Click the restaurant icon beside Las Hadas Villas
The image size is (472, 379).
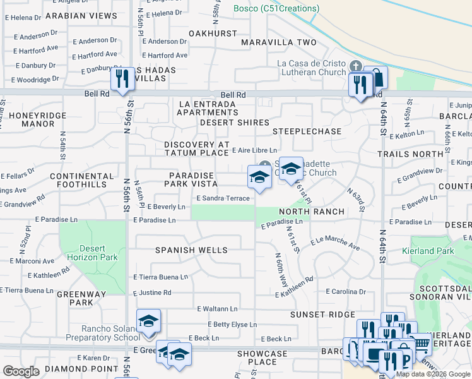[122, 79]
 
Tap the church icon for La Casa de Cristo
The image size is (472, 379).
[355, 66]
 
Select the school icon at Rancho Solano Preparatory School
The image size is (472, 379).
[148, 321]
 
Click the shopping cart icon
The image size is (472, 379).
[421, 344]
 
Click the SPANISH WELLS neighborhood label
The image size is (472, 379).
[191, 250]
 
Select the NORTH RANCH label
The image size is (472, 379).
[318, 212]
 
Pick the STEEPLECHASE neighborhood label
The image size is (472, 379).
[307, 131]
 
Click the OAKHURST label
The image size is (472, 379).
[207, 42]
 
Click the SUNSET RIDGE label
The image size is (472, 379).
[322, 314]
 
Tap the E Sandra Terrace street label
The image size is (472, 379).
[223, 198]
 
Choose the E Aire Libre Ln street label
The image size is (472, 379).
[254, 150]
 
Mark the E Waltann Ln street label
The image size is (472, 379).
[217, 309]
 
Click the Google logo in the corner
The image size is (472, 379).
[21, 371]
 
